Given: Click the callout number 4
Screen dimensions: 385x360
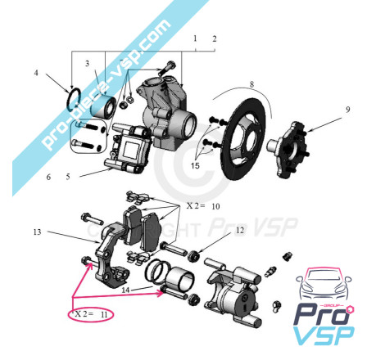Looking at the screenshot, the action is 36,73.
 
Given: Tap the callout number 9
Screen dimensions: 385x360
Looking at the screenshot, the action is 347,110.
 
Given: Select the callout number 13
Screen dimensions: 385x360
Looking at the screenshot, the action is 37,232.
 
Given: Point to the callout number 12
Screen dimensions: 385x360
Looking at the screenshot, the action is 240,230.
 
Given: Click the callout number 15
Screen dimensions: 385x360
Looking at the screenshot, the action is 195,165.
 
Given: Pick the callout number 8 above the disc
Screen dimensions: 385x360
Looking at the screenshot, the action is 251,84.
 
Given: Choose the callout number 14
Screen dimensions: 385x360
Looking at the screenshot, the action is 125,290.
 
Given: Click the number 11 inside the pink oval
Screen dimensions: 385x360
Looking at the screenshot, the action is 104,315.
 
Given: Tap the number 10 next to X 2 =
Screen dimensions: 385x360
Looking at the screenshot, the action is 215,206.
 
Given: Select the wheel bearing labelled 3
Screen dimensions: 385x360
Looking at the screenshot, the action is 103,106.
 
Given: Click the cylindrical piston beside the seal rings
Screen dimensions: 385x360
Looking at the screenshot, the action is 181,280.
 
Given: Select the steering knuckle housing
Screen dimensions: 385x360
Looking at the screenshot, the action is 166,113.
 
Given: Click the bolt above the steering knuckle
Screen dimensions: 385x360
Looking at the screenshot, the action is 166,68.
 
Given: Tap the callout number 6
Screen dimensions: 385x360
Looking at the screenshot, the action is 48,177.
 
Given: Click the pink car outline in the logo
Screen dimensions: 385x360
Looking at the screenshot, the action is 324,284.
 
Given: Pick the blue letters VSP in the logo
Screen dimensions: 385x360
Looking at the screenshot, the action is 324,335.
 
